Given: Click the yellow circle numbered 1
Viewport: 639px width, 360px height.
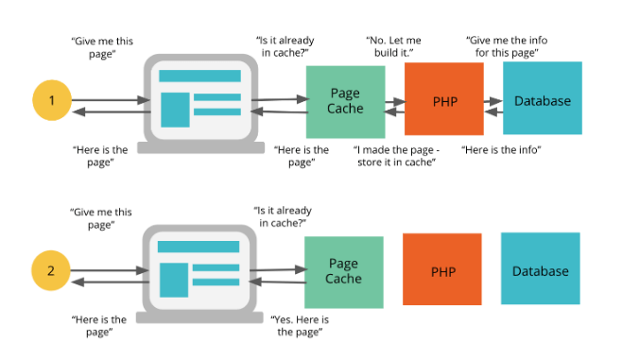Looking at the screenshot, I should (51, 100).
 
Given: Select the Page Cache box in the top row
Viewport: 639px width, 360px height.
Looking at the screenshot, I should (345, 100).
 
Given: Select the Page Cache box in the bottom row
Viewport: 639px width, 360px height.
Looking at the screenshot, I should (344, 271).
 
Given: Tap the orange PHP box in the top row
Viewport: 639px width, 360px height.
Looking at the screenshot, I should (444, 100).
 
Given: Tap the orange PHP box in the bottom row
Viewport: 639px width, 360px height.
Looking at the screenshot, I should (443, 271).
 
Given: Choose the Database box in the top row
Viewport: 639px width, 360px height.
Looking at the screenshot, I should (542, 99).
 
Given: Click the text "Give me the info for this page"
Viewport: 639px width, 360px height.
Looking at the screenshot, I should (507, 47).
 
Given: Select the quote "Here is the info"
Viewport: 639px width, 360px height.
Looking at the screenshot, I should (501, 150).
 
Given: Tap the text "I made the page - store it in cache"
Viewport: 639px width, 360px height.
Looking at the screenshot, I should (395, 156).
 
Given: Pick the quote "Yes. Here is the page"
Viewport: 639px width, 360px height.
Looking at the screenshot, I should (303, 327).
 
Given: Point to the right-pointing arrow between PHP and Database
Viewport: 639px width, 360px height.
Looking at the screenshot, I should (492, 98).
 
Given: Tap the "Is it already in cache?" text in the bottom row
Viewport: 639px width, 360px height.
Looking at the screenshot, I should (284, 216).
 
